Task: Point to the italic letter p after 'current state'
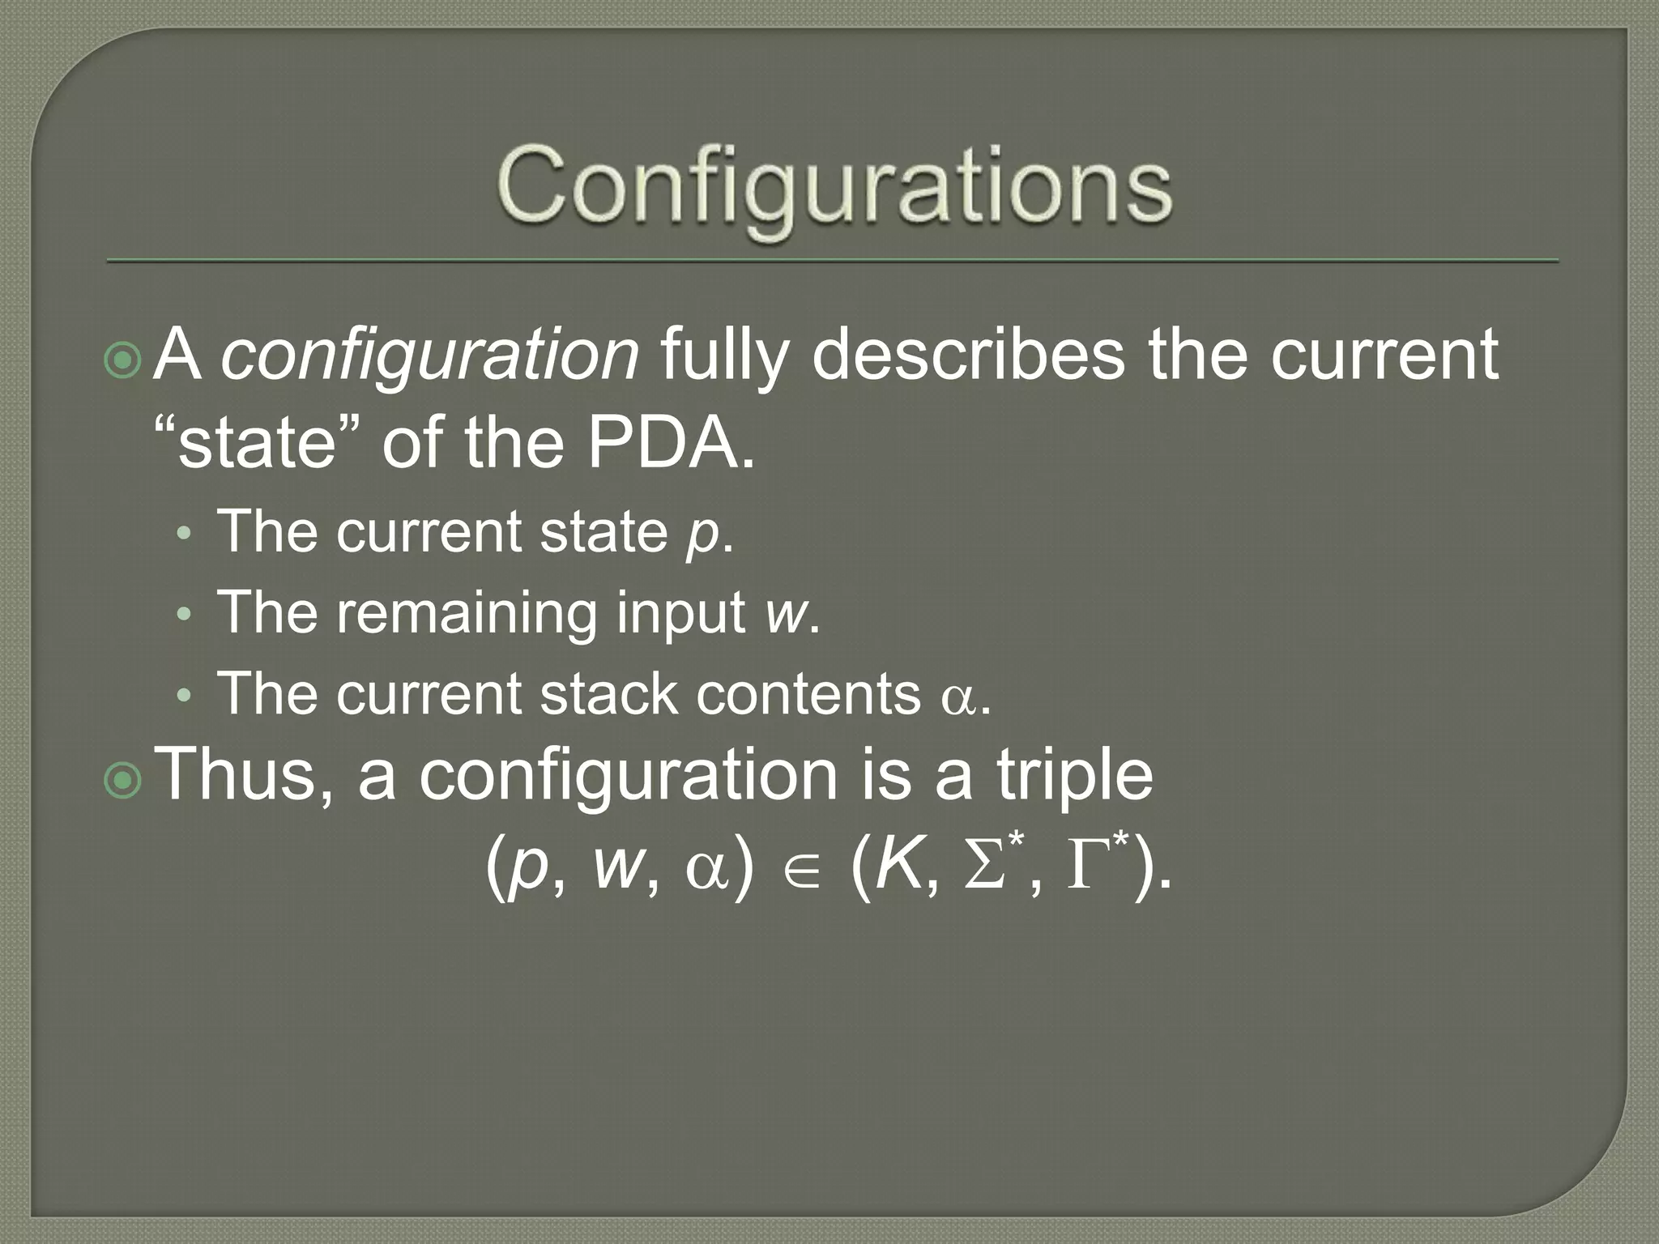pyautogui.click(x=702, y=535)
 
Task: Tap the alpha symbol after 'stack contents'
pyautogui.click(x=958, y=698)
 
